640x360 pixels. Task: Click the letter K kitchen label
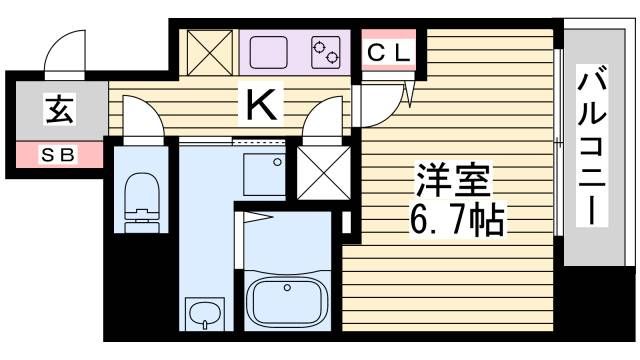tap(262, 101)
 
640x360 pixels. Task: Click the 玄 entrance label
tap(57, 112)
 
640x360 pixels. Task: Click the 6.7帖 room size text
tap(455, 215)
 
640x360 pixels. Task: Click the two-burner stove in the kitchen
tap(326, 52)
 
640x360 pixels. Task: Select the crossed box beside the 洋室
tap(318, 173)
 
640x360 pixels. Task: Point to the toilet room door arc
tap(146, 119)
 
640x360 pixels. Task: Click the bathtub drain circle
tap(287, 288)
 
